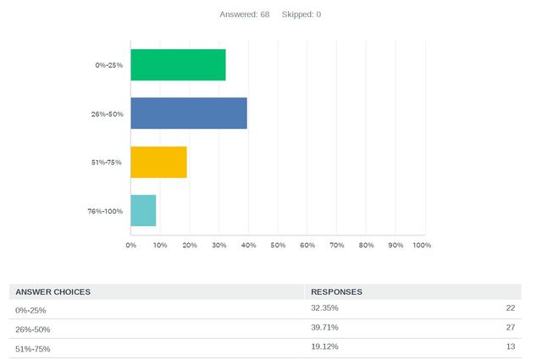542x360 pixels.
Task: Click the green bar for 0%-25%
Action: tap(178, 65)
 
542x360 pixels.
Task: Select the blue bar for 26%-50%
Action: tap(189, 114)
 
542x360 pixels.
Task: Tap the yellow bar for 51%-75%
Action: tap(158, 162)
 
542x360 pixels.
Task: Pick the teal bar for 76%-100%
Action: tap(143, 210)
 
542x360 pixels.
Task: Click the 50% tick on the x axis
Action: tap(278, 245)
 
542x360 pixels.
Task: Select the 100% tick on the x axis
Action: tap(422, 245)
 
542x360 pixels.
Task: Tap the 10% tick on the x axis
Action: tap(160, 245)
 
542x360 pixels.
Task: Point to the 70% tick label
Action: tap(336, 245)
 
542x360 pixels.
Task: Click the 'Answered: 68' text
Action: tap(244, 14)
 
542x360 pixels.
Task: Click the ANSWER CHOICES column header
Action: tap(53, 291)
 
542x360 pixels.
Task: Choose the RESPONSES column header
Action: tap(337, 291)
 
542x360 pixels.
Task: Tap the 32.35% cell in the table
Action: tap(325, 308)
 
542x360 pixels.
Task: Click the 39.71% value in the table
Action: tap(325, 328)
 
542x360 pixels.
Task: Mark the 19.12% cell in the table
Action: tap(325, 347)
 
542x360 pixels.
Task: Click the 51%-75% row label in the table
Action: tap(33, 348)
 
